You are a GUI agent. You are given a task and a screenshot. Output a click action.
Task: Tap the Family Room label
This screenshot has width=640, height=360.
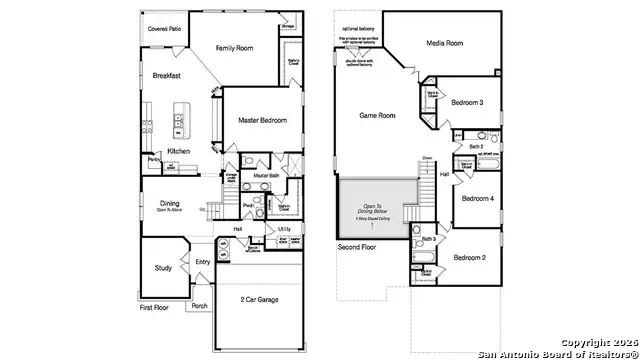[x=239, y=46]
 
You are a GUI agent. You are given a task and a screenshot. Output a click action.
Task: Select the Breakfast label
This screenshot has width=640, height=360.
[x=166, y=76]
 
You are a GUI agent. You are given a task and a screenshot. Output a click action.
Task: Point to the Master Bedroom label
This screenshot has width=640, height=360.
[x=262, y=121]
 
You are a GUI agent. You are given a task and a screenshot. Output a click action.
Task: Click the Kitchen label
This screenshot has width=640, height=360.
[x=179, y=151]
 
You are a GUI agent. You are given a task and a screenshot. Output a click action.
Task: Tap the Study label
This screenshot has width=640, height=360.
[x=163, y=267]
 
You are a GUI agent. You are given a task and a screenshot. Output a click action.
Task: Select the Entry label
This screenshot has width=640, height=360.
[x=204, y=263]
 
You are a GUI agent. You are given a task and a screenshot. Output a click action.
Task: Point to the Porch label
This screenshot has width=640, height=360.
[x=199, y=306]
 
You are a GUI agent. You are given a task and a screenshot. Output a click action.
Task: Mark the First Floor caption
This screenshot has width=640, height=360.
[x=154, y=308]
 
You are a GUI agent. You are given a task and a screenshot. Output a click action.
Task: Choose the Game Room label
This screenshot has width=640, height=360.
[x=377, y=116]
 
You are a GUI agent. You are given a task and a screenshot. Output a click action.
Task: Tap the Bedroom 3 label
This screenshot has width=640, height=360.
[x=466, y=103]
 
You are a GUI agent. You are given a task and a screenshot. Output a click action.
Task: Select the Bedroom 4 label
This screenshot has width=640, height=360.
[x=478, y=198]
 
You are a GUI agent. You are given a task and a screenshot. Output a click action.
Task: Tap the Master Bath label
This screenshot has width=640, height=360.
[x=266, y=175]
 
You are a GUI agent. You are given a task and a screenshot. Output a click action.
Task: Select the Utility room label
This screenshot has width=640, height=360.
[x=284, y=229]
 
